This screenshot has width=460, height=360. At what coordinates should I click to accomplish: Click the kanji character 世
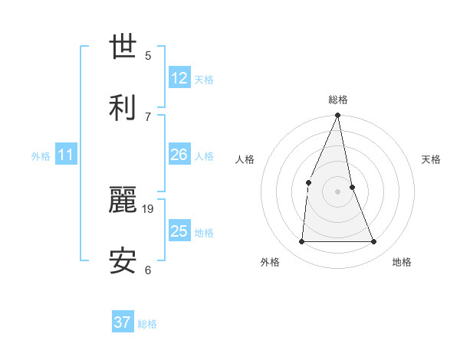coord(123,47)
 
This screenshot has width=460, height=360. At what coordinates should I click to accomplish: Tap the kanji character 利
coord(123,107)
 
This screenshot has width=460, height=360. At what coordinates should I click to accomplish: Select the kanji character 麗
coord(123,201)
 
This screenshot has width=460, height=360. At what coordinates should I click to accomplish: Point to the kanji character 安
coord(123,261)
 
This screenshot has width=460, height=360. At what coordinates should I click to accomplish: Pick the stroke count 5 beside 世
coord(148,55)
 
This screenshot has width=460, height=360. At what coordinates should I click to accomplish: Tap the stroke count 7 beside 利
coord(148,116)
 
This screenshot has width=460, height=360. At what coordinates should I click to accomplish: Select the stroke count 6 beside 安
coord(148,270)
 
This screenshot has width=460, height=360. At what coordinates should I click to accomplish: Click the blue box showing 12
coord(179,78)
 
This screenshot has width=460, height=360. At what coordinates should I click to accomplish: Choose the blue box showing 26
coord(179,155)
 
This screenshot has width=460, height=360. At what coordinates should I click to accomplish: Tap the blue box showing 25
coord(179,231)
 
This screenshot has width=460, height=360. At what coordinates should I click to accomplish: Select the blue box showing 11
coord(65,155)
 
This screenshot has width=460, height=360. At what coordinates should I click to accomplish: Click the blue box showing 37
coord(122,322)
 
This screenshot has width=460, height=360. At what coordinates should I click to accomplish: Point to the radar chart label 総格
coord(338,100)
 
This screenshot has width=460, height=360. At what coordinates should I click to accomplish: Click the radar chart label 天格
coord(431,159)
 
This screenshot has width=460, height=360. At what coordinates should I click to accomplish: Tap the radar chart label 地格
coord(402,262)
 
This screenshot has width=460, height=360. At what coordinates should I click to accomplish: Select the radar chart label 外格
coord(270,262)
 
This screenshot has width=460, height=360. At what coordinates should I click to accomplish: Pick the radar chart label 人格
coord(245,159)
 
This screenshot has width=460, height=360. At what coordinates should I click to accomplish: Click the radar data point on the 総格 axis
coord(338,116)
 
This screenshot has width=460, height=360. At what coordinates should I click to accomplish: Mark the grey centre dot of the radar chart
coord(338,191)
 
